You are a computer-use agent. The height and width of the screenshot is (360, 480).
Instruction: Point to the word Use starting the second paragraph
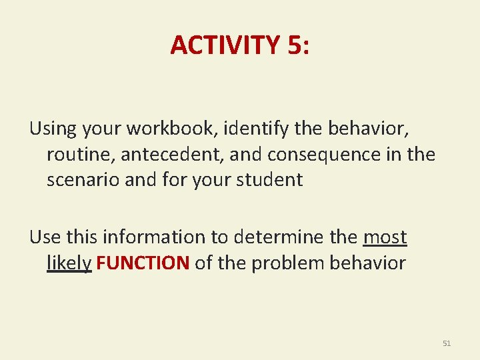coord(44,237)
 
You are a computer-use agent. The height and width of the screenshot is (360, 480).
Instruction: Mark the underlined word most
coord(385,237)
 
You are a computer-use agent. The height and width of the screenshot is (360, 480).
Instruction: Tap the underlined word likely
coord(69,263)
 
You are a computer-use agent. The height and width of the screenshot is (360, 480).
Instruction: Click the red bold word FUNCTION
coord(143,263)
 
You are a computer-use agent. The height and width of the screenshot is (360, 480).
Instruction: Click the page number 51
coord(447,343)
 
